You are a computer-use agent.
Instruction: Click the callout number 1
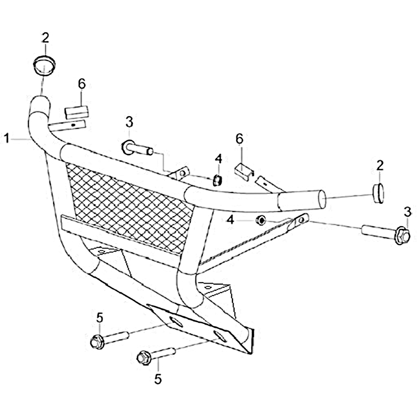[x=7, y=139]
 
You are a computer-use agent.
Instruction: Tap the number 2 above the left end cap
[x=45, y=38]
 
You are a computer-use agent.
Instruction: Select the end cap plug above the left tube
[x=44, y=65]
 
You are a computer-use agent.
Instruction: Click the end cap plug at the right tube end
[x=378, y=193]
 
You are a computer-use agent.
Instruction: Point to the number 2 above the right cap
[x=380, y=165]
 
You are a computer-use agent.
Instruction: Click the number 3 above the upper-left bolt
[x=129, y=122]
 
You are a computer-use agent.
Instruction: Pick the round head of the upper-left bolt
[x=127, y=148]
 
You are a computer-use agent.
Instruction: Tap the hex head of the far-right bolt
[x=402, y=236]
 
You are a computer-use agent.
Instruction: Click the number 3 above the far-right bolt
[x=408, y=212]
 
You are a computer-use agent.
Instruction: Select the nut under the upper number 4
[x=217, y=180]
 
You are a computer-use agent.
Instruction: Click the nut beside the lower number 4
[x=261, y=220]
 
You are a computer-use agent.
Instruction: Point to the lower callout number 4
[x=230, y=220]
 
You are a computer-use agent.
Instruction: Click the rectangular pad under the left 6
[x=76, y=112]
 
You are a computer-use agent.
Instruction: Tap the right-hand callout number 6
[x=239, y=139]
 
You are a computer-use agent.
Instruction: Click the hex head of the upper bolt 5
[x=97, y=342]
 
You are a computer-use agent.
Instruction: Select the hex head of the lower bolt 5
[x=144, y=358]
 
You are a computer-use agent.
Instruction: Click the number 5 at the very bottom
[x=158, y=379]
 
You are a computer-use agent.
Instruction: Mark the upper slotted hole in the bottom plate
[x=176, y=322]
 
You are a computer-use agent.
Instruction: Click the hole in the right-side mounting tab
[x=301, y=220]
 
